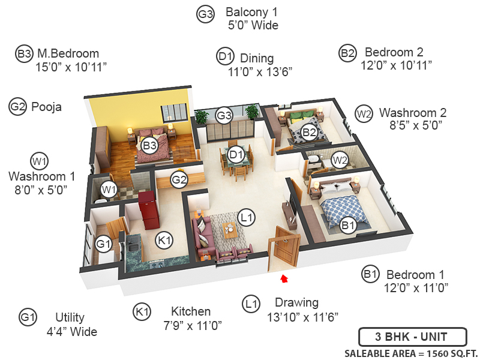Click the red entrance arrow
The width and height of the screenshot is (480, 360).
(284, 277)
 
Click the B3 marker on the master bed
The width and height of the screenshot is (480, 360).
(149, 145)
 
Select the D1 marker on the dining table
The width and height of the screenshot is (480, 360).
(236, 155)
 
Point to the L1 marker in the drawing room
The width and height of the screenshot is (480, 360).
(246, 216)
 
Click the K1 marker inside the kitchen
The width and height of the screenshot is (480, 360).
(164, 240)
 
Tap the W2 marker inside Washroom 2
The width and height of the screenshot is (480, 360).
(340, 160)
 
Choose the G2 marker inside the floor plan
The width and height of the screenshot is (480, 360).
(179, 179)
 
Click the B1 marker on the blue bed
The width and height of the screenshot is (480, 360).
(349, 226)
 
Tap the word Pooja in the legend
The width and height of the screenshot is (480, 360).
(46, 107)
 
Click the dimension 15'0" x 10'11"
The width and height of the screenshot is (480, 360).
(71, 67)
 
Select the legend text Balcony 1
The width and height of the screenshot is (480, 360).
(251, 12)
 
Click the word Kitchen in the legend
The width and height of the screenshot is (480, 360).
(191, 311)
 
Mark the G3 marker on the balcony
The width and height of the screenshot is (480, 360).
(224, 114)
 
